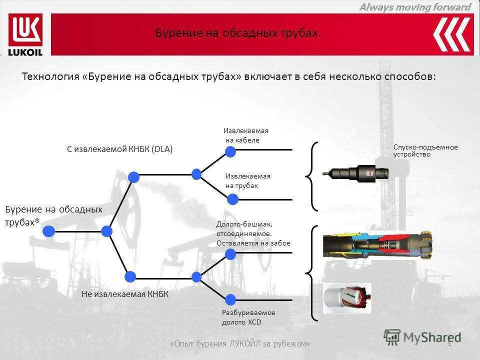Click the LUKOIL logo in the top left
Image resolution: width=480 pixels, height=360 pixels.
(x=25, y=34)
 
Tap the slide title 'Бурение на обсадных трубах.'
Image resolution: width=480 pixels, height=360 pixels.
(x=237, y=33)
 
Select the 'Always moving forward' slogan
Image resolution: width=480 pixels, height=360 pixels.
(x=415, y=7)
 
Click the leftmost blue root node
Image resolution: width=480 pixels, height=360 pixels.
(x=48, y=231)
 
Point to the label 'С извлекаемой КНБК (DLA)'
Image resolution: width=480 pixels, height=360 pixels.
(x=119, y=149)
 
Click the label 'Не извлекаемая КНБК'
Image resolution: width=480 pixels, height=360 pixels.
(x=125, y=294)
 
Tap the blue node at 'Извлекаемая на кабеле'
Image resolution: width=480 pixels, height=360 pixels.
(x=230, y=151)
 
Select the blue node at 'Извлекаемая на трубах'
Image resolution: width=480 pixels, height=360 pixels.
(x=232, y=199)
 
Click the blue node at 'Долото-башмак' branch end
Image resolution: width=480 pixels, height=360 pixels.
(x=230, y=254)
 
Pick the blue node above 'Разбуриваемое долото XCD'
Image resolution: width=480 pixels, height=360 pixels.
(x=230, y=299)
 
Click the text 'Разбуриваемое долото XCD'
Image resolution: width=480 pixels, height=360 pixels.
(x=248, y=317)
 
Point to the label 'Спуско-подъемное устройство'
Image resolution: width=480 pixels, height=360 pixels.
(x=425, y=150)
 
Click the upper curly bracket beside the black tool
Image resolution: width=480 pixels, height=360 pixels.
(x=311, y=176)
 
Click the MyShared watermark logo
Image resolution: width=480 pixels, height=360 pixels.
(x=422, y=337)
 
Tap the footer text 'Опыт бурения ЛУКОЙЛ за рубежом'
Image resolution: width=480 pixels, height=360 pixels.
(x=240, y=344)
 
